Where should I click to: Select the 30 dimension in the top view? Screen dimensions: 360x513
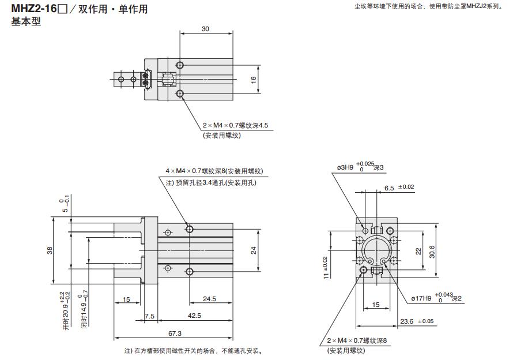coord(206,29)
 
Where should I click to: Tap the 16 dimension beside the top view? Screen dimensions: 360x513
coord(253,80)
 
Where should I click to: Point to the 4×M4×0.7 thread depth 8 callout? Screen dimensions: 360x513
coord(214,171)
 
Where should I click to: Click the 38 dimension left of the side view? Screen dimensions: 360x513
coord(50,250)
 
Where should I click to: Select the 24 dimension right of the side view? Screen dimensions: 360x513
coord(253,249)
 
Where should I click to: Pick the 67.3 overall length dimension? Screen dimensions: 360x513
coord(175,333)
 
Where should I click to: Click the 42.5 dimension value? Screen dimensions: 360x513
coord(194,316)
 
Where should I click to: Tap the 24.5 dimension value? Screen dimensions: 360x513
coord(210,299)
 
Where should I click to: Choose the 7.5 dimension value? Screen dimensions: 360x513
coord(149,316)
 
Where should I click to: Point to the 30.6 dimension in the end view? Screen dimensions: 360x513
coord(440,252)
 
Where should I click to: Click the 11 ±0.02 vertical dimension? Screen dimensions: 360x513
coord(326,268)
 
